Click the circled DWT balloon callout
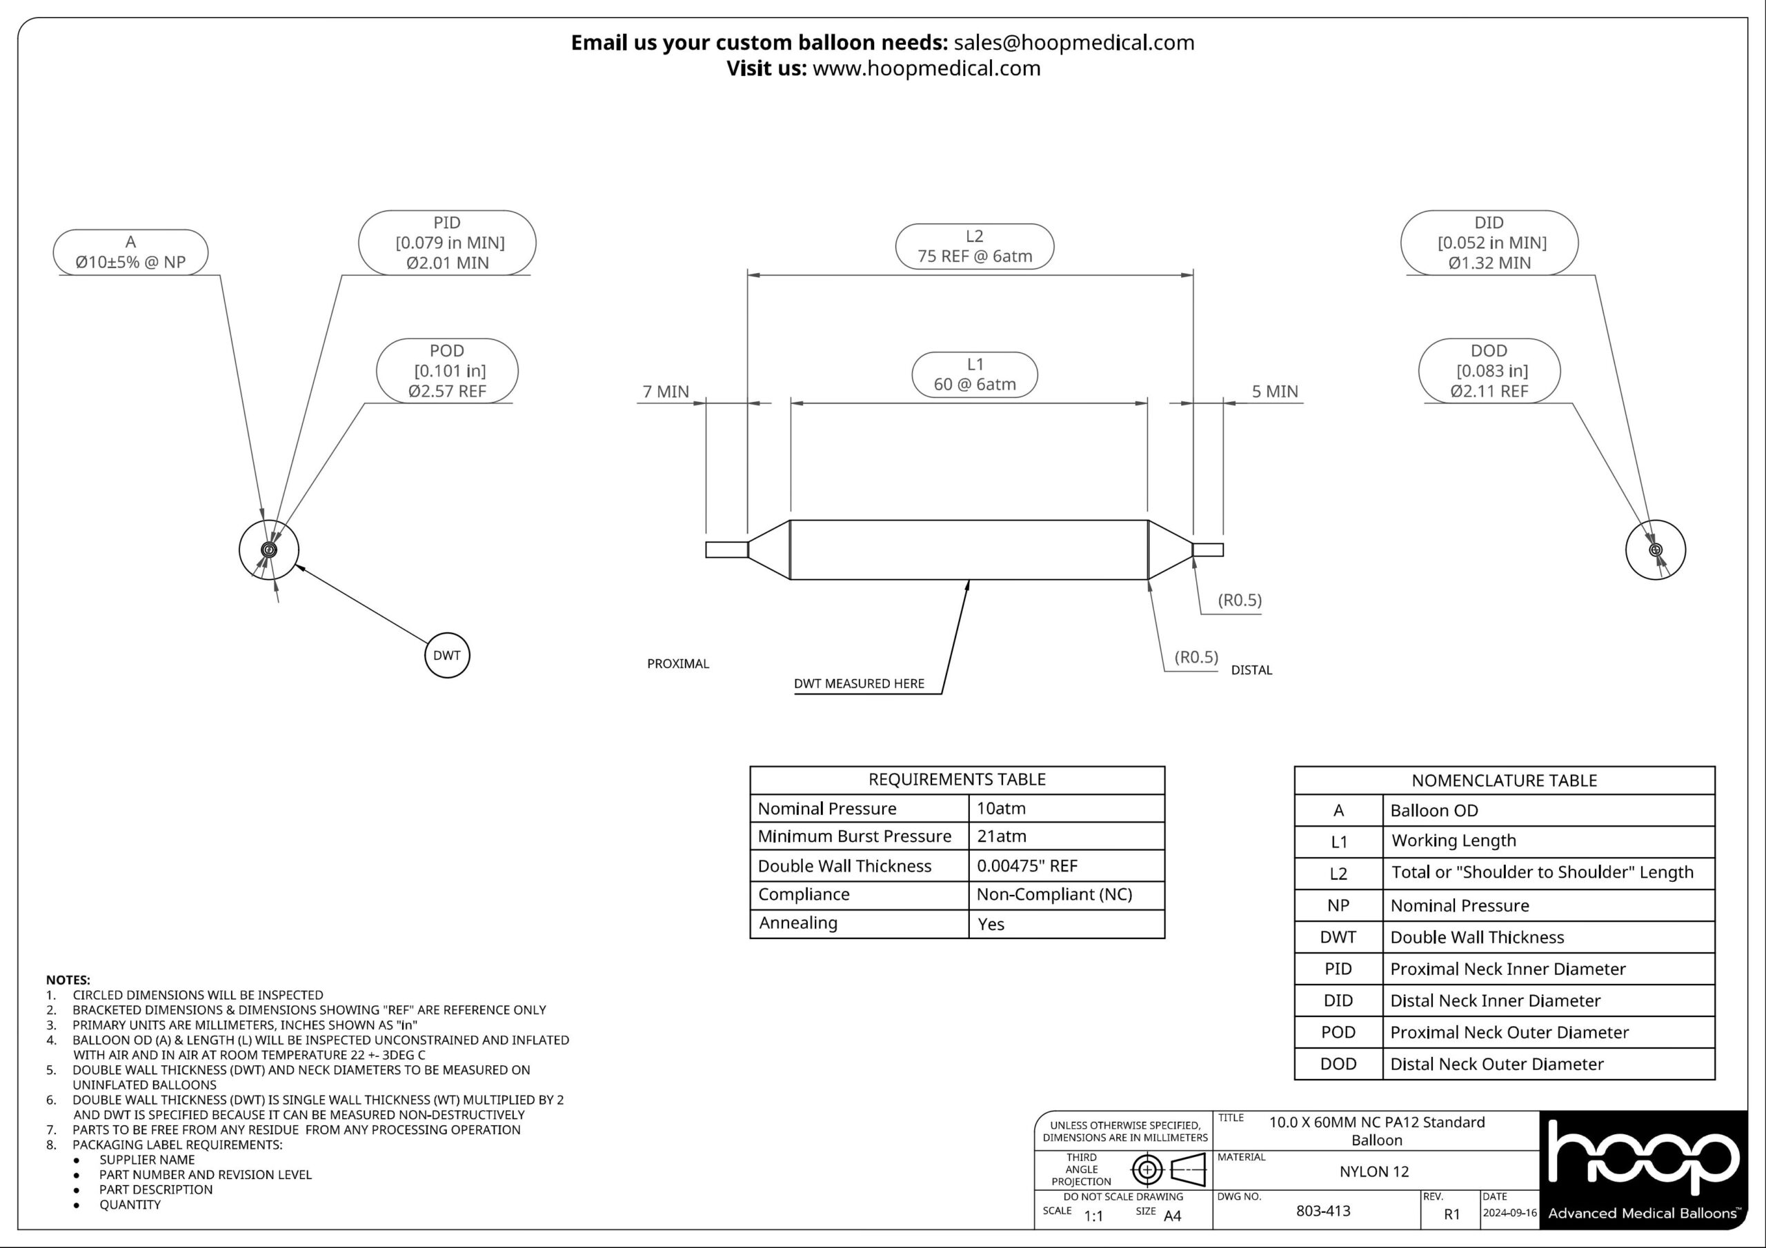tap(447, 655)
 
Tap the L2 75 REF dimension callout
tap(975, 246)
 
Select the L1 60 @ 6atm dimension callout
tap(975, 374)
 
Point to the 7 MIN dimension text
tap(666, 392)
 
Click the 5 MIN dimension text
tap(1275, 392)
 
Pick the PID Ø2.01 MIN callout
tap(447, 242)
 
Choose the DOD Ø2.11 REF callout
tap(1489, 371)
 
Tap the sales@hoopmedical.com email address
tap(1074, 42)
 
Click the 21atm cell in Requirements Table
tap(1002, 836)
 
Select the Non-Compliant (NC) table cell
tap(1054, 894)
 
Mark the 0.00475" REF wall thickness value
tap(1027, 866)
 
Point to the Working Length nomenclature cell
tap(1454, 841)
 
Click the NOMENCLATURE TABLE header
tap(1504, 781)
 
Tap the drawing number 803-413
tap(1323, 1210)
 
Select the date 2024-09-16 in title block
tap(1509, 1213)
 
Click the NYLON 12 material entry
tap(1373, 1171)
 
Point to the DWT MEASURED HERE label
tap(859, 683)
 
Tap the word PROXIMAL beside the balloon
tap(677, 663)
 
